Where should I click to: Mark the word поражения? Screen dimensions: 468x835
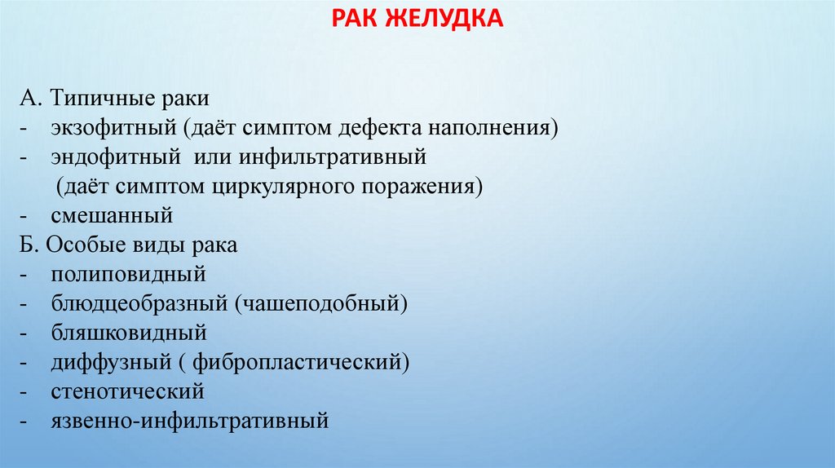tap(431, 187)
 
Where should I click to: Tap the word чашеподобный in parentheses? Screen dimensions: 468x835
tap(319, 304)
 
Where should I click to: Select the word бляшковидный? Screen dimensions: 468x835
tap(127, 333)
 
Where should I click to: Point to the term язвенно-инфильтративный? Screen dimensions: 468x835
tap(188, 421)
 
